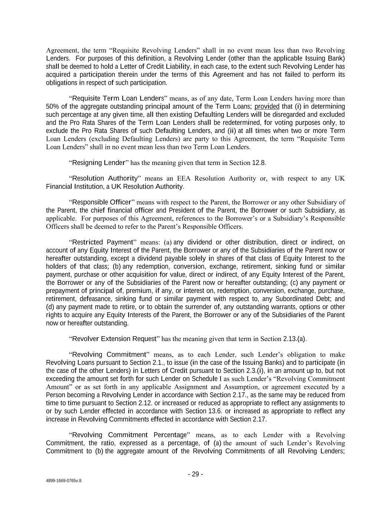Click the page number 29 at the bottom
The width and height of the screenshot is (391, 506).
click(x=195, y=474)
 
